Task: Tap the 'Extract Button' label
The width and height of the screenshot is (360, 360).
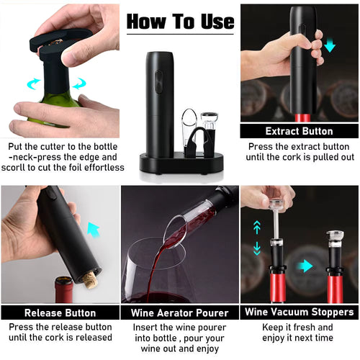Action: point(299,131)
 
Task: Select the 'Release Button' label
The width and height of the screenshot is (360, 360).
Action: point(60,312)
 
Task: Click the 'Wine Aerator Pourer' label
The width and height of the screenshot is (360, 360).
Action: point(179,312)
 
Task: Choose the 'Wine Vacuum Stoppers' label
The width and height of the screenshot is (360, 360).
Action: point(299,312)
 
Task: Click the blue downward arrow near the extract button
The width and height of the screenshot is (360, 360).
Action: point(330,45)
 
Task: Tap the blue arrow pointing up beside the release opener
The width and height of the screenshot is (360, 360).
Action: point(93,230)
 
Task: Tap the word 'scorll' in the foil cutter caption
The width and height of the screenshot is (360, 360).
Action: point(22,167)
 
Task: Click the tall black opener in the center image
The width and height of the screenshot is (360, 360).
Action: point(159,101)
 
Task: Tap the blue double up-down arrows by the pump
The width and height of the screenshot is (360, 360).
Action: point(257,238)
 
